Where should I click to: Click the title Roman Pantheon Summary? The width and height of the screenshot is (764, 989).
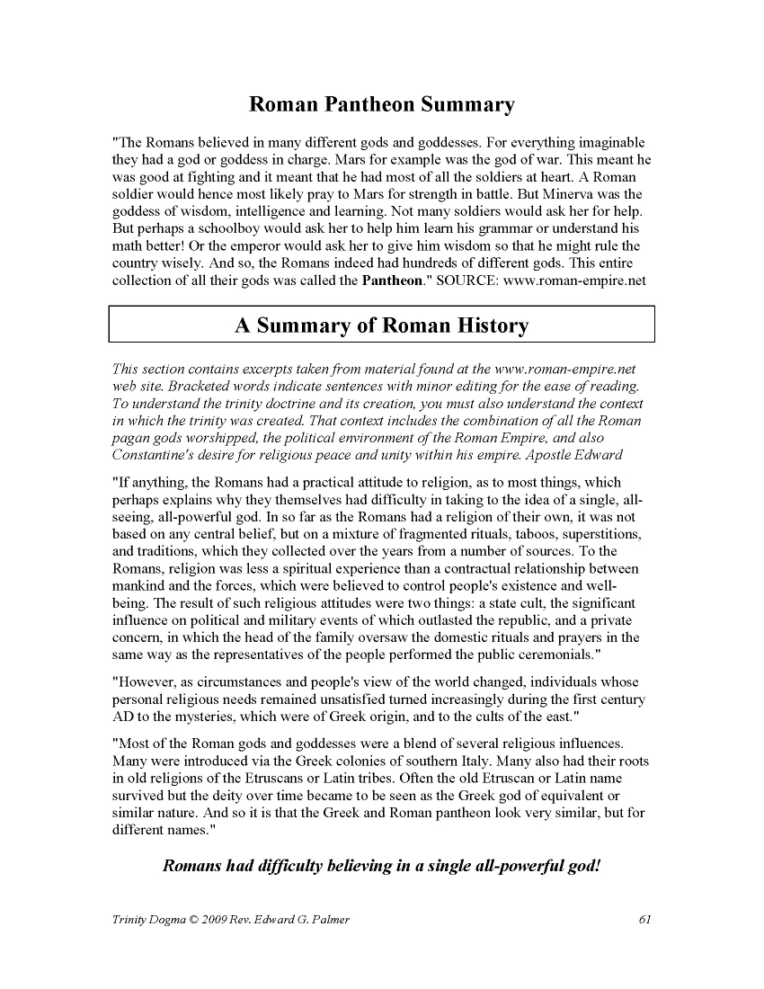tap(381, 105)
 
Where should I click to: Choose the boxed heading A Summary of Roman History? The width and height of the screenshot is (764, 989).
tap(381, 325)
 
